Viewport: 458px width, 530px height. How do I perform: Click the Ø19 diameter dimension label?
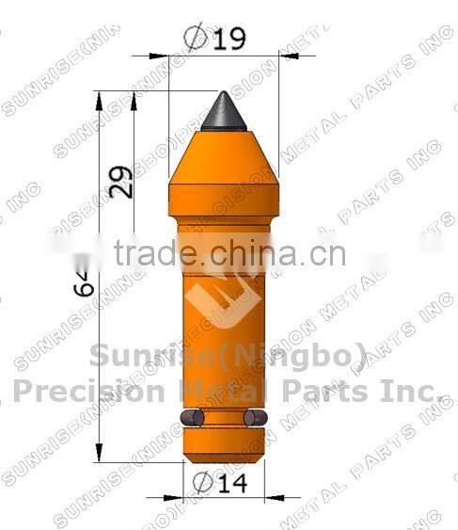pyautogui.click(x=216, y=39)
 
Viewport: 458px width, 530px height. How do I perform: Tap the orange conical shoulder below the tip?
pyautogui.click(x=224, y=165)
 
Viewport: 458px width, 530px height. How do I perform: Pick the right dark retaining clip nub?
pyautogui.click(x=253, y=417)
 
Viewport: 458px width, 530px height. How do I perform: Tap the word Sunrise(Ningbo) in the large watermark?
pyautogui.click(x=228, y=357)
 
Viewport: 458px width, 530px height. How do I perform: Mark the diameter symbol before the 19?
pyautogui.click(x=197, y=39)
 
